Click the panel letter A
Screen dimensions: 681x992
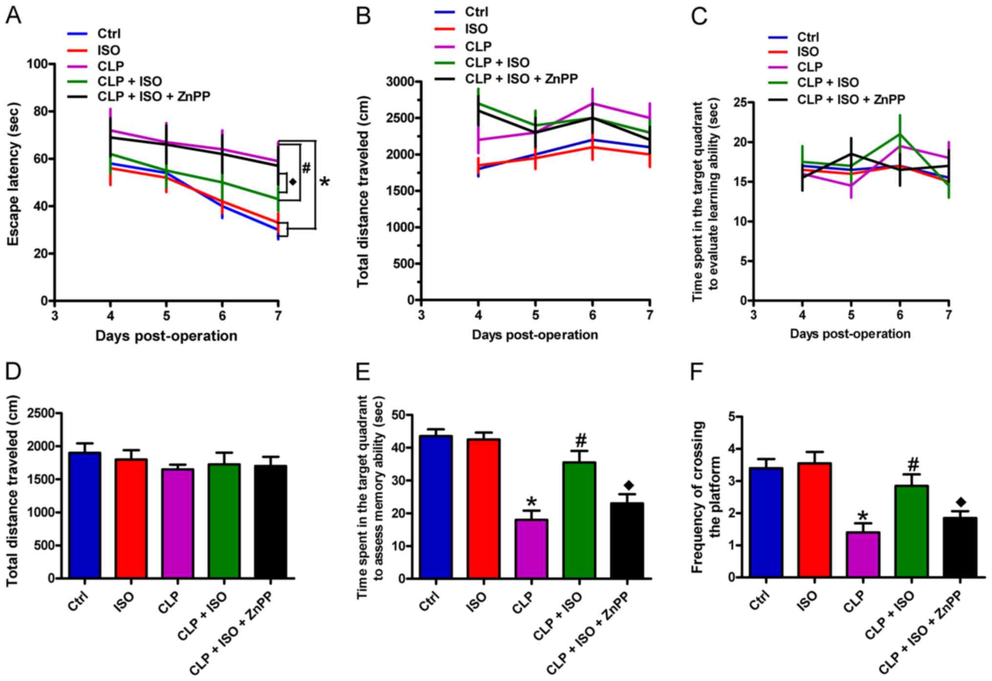[13, 16]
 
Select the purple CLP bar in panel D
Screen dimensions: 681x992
[178, 523]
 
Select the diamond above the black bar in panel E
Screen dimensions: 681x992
[628, 485]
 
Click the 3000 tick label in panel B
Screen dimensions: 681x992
[399, 82]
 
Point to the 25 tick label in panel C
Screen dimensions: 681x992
[740, 103]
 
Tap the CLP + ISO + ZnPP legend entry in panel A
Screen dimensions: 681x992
[154, 96]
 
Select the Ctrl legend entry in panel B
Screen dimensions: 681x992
[476, 12]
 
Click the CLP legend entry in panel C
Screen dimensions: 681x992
[809, 67]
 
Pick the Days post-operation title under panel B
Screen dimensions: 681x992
[534, 335]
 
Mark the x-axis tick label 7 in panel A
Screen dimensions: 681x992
[278, 316]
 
